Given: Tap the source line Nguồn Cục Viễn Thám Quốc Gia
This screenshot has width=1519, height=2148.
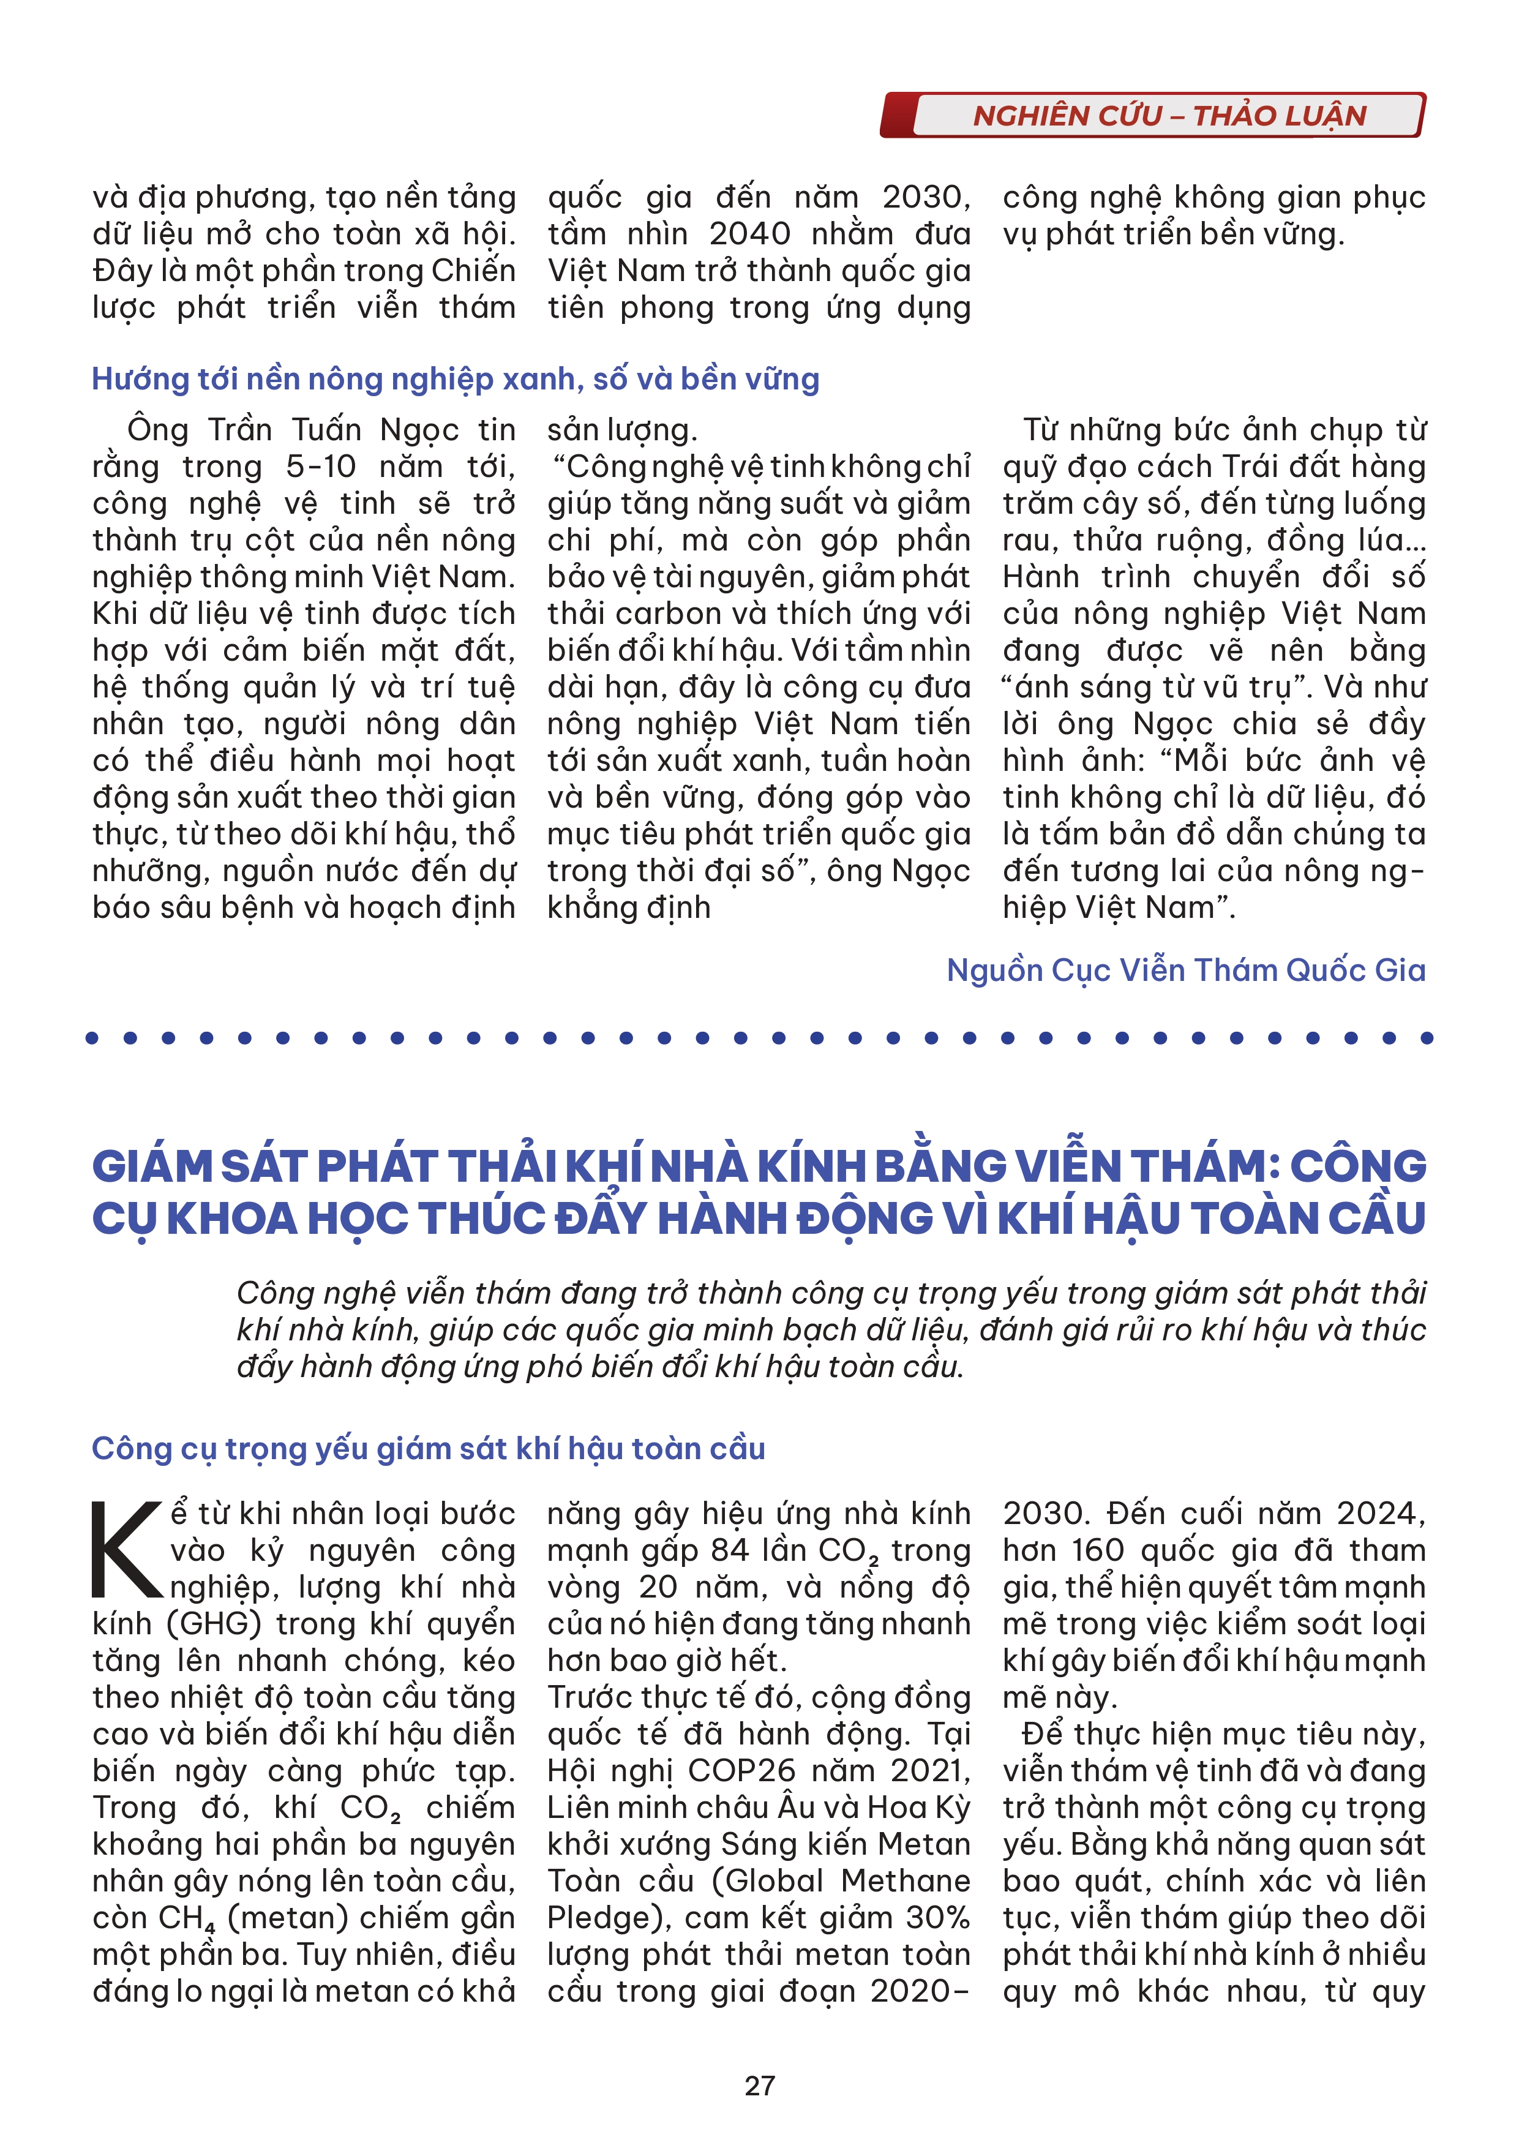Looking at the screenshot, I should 1185,970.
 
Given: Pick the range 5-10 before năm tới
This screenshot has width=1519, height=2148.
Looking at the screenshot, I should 321,467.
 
